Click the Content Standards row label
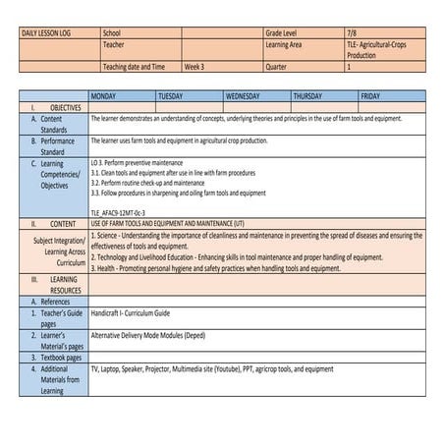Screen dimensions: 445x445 [54, 124]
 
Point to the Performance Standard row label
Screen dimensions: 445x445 [54, 146]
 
